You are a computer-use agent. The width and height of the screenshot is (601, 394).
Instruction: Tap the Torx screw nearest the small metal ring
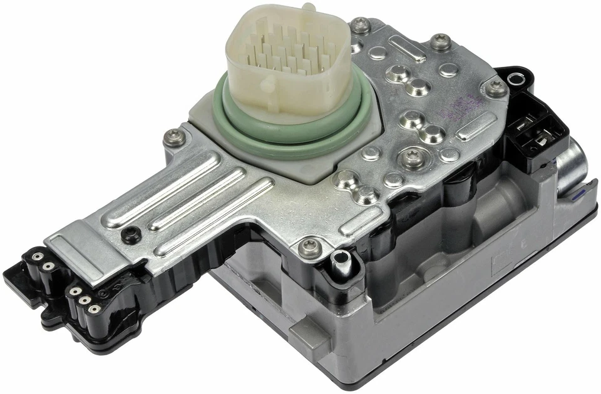495,87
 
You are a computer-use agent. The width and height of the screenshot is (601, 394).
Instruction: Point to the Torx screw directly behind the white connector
359,26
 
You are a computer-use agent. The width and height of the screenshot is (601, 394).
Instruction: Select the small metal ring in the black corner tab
516,79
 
